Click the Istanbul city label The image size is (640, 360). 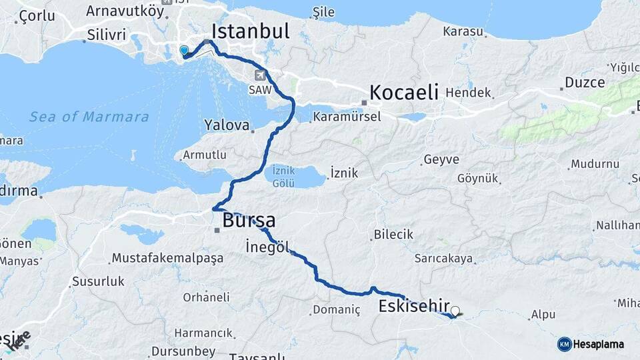[x=250, y=31]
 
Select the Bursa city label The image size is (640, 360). [x=249, y=220]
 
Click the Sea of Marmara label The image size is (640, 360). [x=89, y=117]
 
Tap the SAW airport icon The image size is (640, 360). [x=260, y=75]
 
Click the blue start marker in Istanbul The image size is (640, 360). [x=184, y=50]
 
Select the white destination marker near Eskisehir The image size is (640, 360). [x=455, y=311]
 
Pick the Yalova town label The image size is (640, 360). [x=227, y=125]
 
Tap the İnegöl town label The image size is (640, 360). [x=267, y=247]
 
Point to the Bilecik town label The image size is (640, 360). [x=393, y=235]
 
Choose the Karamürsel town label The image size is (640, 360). [x=345, y=117]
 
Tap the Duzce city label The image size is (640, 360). [x=584, y=83]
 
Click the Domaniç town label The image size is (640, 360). [x=336, y=310]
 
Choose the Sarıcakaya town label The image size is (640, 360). [x=443, y=258]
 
